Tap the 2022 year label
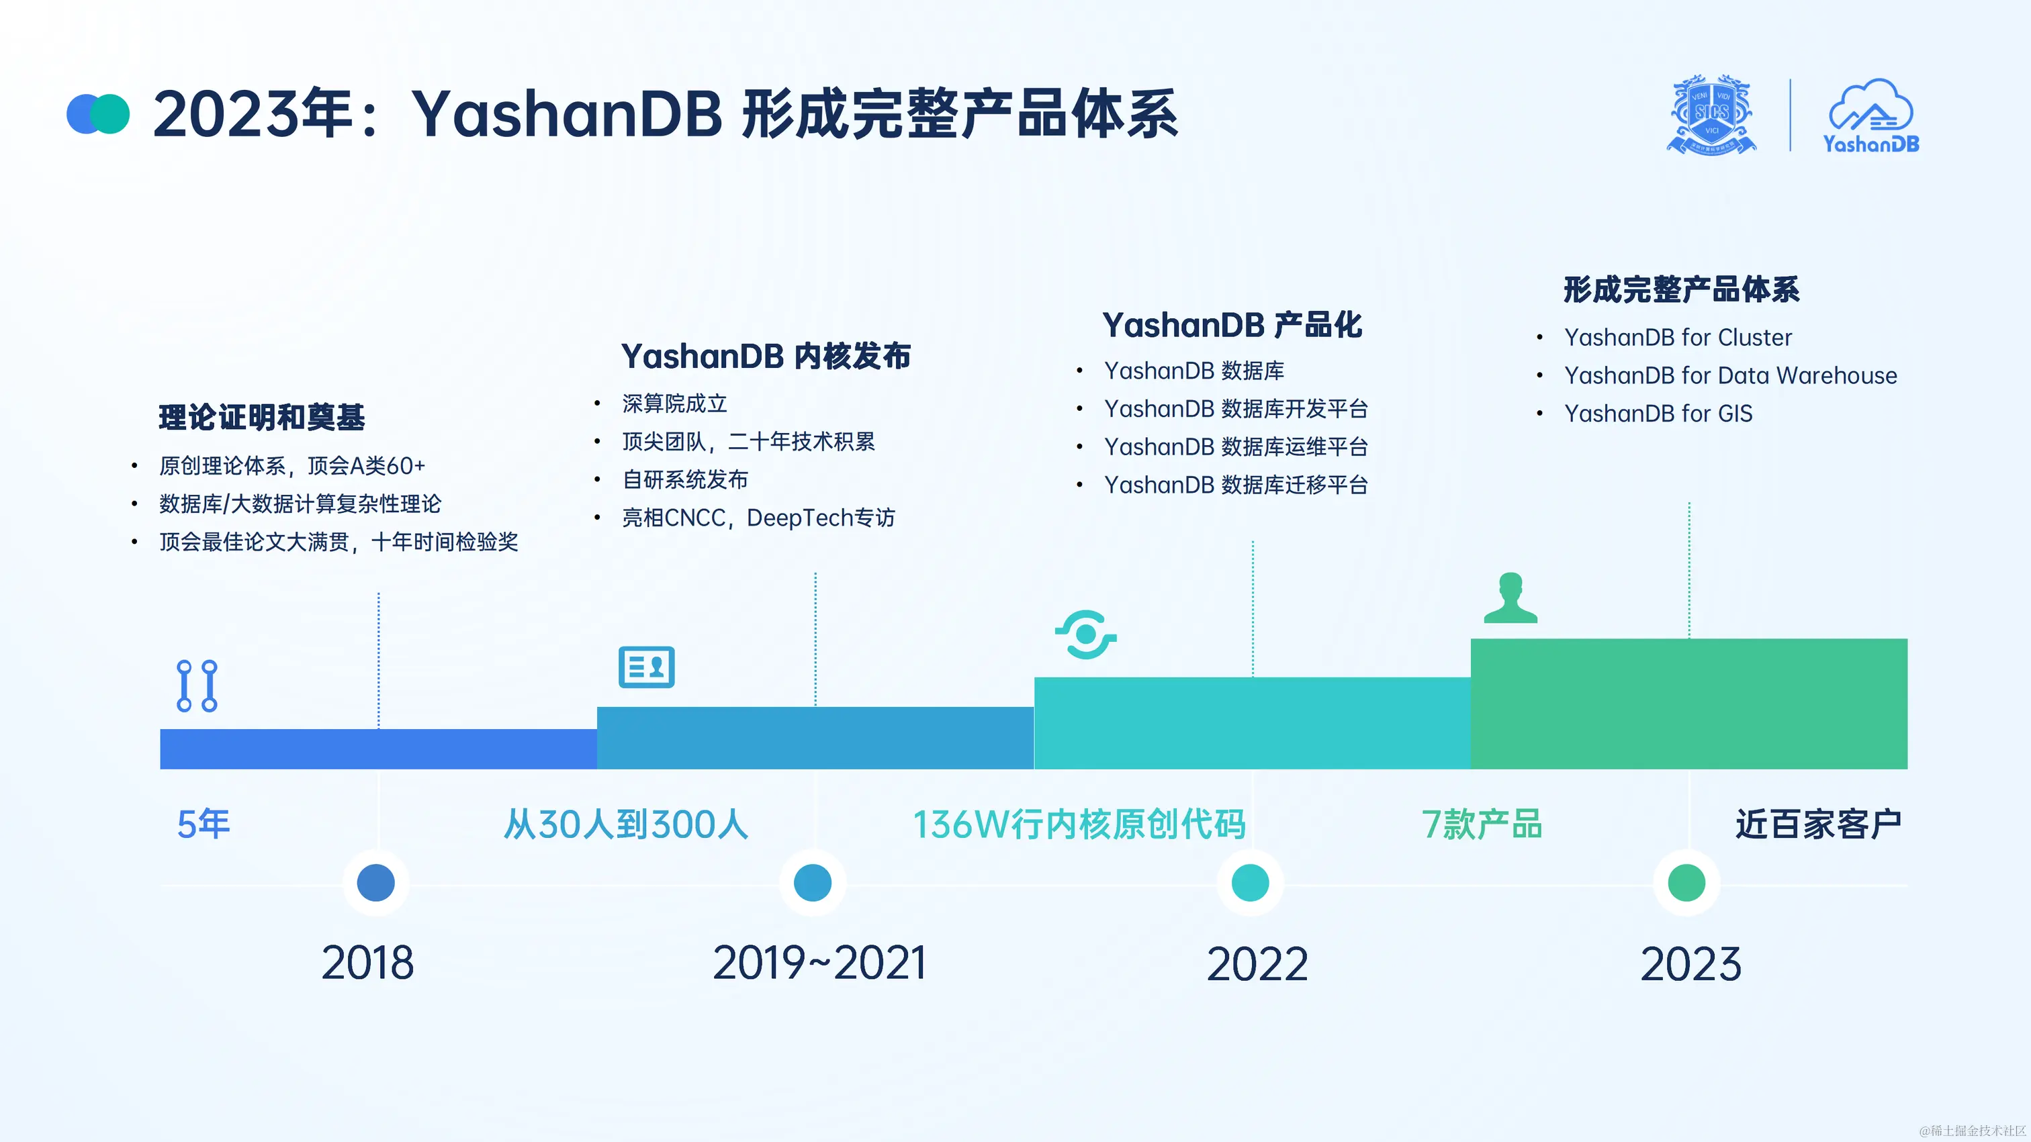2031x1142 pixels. coord(1257,964)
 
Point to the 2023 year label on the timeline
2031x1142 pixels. coord(1690,964)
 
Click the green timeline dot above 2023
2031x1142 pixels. coord(1686,882)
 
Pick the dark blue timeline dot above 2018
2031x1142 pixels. coord(375,882)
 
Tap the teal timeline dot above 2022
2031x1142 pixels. coord(1250,882)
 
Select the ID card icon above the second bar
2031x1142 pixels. coord(647,667)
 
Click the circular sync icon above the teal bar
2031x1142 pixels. coord(1085,634)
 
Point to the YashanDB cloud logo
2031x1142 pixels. coord(1870,116)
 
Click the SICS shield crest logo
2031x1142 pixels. coord(1711,115)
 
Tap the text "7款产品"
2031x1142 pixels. coord(1482,824)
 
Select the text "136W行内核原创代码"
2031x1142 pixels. coord(1079,824)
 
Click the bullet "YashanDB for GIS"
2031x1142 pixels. coord(1658,414)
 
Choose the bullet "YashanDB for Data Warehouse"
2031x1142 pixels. coord(1731,376)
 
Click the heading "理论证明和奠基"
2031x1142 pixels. coord(262,418)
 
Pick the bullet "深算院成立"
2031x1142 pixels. coord(674,403)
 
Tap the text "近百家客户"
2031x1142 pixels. coord(1818,824)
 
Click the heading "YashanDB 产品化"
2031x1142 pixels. coord(1232,326)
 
